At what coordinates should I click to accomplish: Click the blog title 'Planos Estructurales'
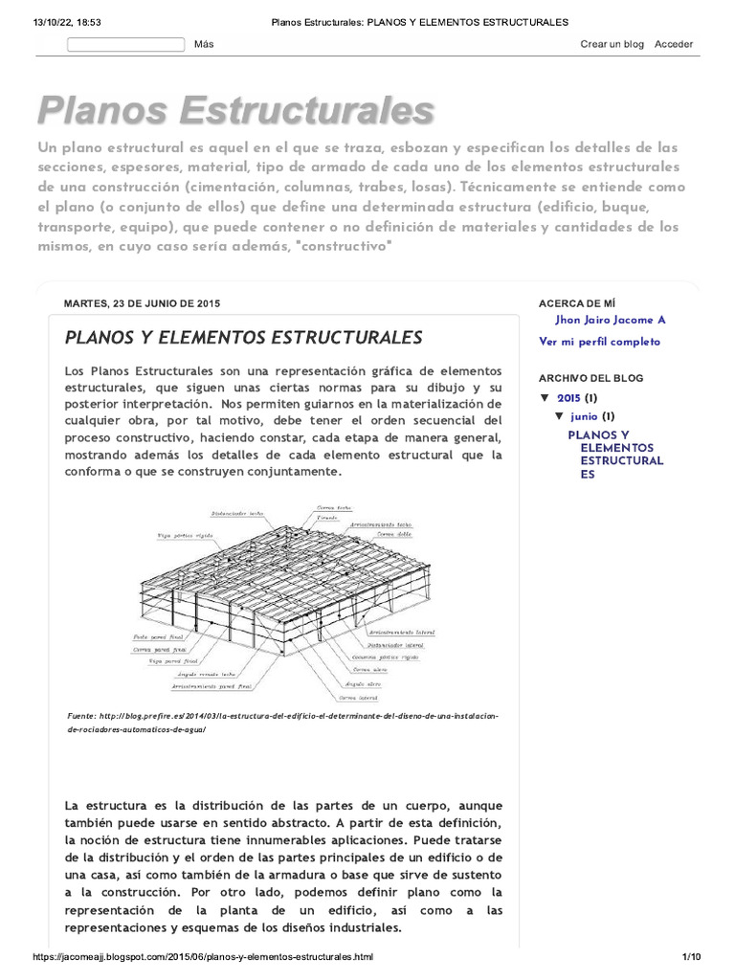pos(235,110)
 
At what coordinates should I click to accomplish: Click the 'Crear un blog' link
pos(612,44)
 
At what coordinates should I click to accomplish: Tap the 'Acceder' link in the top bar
pos(674,44)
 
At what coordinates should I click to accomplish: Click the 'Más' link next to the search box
pos(204,44)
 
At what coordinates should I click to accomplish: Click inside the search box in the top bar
pos(125,44)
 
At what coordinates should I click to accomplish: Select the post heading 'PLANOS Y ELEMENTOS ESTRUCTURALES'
pos(243,337)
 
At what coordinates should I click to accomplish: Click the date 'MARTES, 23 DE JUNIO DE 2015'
pos(142,303)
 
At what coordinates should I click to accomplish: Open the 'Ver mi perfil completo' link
pos(599,342)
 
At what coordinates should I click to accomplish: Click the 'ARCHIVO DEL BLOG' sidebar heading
pos(590,378)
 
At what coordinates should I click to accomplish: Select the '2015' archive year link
pos(568,397)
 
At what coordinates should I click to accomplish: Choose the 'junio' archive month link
pos(584,416)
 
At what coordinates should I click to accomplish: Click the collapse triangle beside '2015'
pos(545,397)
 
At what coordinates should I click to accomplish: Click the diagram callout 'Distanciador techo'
pos(250,513)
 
